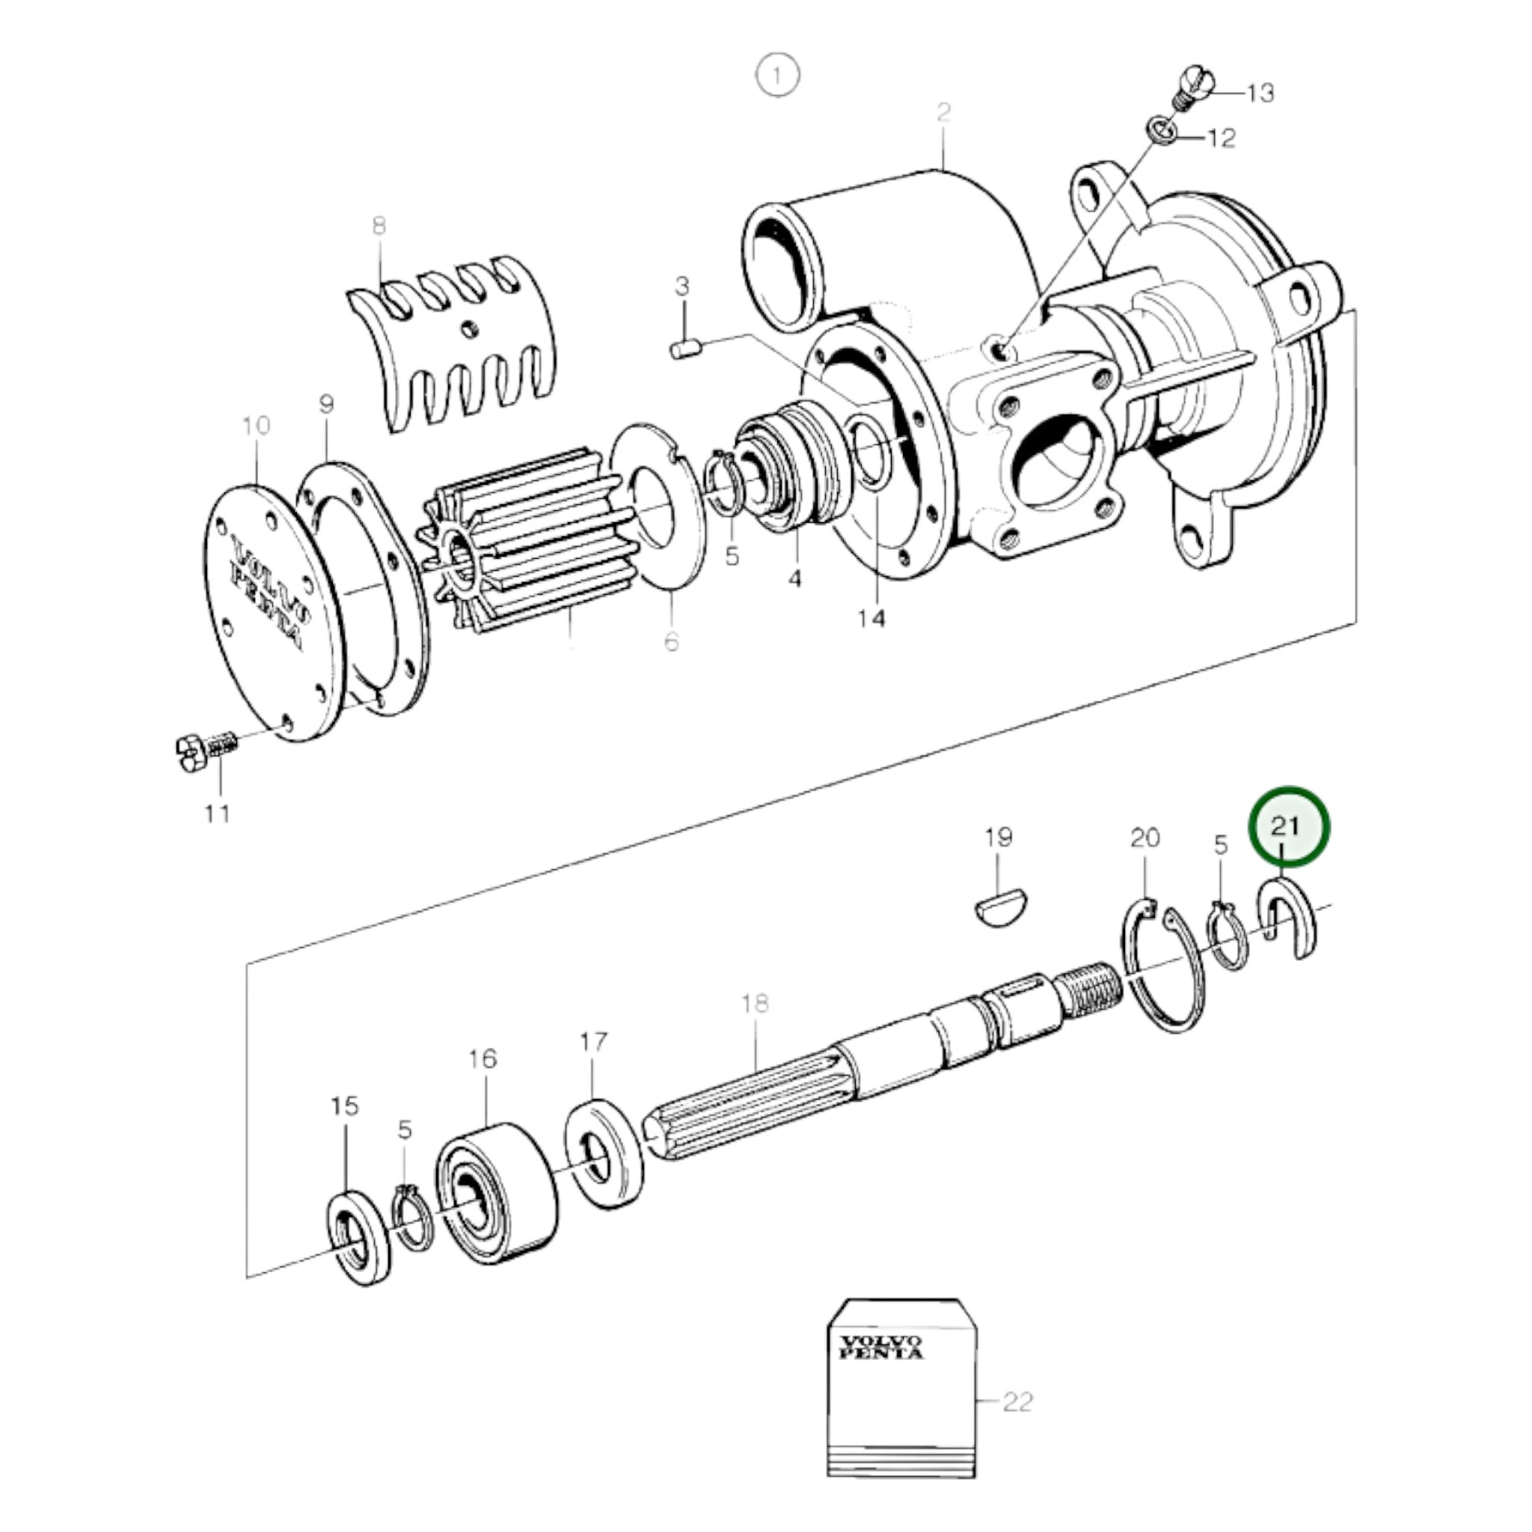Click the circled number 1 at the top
point(777,76)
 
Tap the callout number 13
point(1260,94)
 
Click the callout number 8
point(379,226)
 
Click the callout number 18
point(755,1004)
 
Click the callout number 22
point(1017,1402)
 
